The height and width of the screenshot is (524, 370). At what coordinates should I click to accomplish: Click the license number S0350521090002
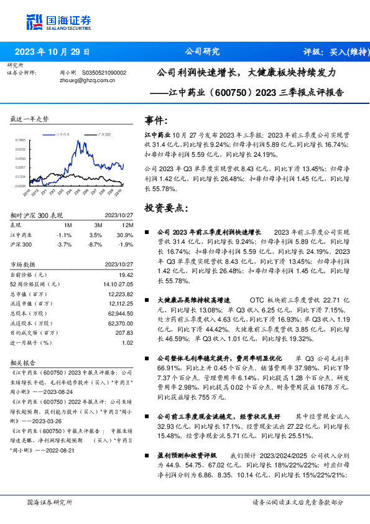pyautogui.click(x=101, y=72)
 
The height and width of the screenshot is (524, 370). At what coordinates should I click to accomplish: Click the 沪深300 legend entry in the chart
pyautogui.click(x=104, y=134)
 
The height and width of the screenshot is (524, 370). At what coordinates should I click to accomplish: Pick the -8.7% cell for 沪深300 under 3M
pyautogui.click(x=95, y=243)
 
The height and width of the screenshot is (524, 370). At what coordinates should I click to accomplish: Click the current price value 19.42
pyautogui.click(x=126, y=274)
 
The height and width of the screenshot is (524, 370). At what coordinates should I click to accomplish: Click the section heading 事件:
pyautogui.click(x=155, y=119)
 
